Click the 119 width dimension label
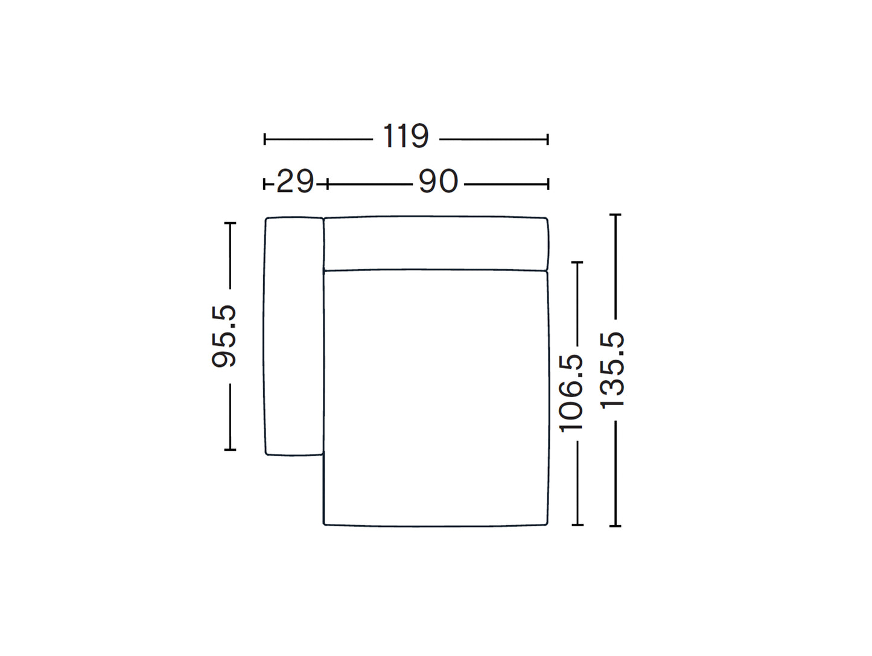click(x=406, y=136)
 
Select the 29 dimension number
click(x=295, y=181)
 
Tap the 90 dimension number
click(x=438, y=181)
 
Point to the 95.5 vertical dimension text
click(x=224, y=336)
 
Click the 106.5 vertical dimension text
click(x=571, y=393)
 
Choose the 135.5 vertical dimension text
click(x=612, y=371)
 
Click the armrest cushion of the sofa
click(x=293, y=336)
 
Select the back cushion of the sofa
click(x=436, y=243)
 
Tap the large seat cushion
click(x=436, y=398)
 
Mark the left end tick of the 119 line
click(x=265, y=139)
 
